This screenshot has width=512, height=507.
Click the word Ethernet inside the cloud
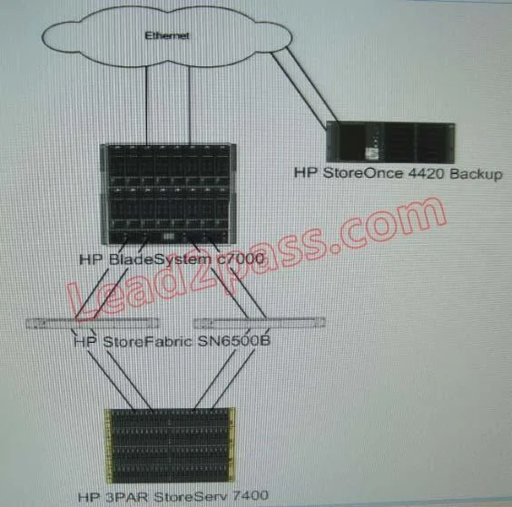click(x=167, y=35)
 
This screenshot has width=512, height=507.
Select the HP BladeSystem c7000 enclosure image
click(x=168, y=194)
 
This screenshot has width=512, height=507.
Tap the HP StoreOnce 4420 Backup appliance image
click(x=390, y=141)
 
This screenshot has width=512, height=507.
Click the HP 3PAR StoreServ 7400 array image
click(x=170, y=445)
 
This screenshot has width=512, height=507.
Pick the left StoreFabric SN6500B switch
click(x=93, y=323)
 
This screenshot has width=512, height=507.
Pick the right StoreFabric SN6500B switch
click(x=260, y=323)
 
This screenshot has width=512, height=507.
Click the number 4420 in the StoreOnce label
click(x=427, y=173)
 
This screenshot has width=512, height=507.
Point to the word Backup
click(x=476, y=174)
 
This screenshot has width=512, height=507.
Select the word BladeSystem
click(x=160, y=259)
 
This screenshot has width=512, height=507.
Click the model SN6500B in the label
click(x=234, y=341)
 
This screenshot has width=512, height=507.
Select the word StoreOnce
click(x=363, y=173)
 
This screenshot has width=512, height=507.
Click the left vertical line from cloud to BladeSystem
click(x=146, y=105)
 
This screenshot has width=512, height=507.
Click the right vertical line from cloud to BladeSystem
click(x=190, y=105)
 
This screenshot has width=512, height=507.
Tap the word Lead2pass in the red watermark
click(x=192, y=272)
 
